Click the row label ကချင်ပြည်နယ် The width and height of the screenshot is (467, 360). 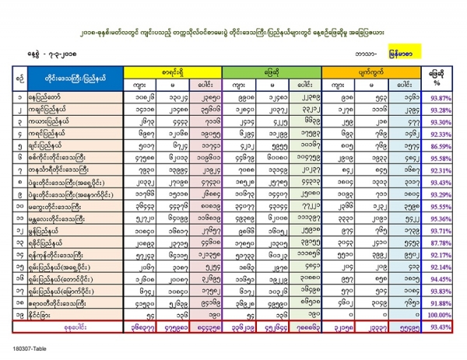65,110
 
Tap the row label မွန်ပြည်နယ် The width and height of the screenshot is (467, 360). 62,231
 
